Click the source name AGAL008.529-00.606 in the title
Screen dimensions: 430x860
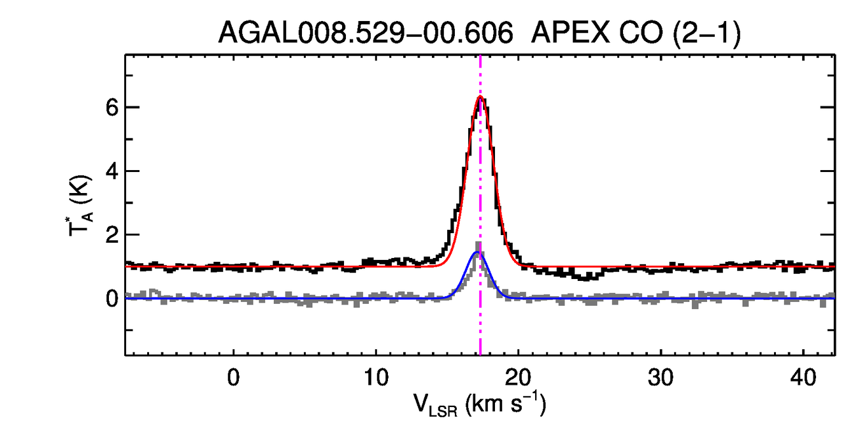366,33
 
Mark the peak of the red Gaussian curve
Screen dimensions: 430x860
480,97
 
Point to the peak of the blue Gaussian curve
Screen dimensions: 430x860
477,252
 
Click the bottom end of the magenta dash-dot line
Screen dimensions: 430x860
480,354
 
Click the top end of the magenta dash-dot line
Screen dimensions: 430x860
480,56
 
